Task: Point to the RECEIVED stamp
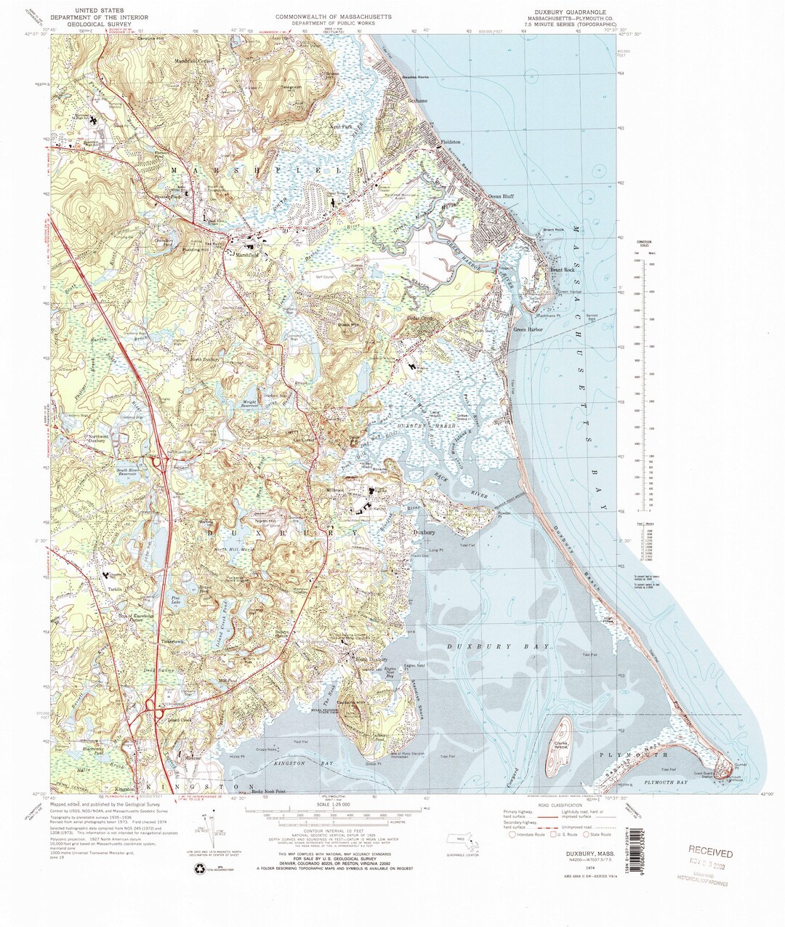click(x=711, y=853)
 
